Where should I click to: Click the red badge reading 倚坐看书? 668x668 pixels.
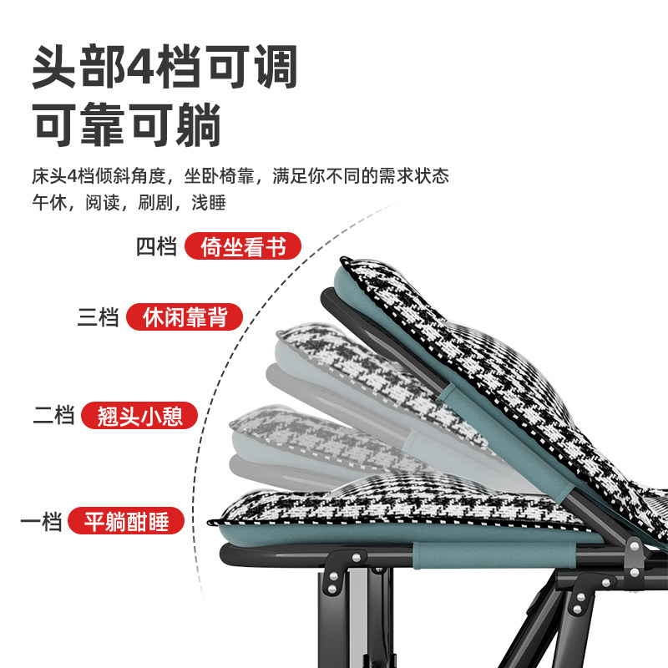[x=242, y=247]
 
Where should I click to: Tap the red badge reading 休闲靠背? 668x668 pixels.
[x=185, y=318]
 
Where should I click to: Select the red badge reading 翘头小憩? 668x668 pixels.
[x=139, y=415]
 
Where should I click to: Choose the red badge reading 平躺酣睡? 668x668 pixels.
[x=127, y=523]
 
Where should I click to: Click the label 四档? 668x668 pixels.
[x=156, y=247]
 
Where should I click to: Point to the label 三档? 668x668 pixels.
[x=99, y=318]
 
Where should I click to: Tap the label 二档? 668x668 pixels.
[x=53, y=415]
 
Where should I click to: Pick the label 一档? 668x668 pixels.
[x=42, y=523]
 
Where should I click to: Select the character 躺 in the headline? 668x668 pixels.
[x=198, y=126]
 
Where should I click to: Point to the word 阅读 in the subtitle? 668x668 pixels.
[x=102, y=203]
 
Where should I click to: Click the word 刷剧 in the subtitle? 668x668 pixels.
[x=155, y=203]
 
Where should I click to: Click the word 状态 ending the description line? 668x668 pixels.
[x=433, y=177]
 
